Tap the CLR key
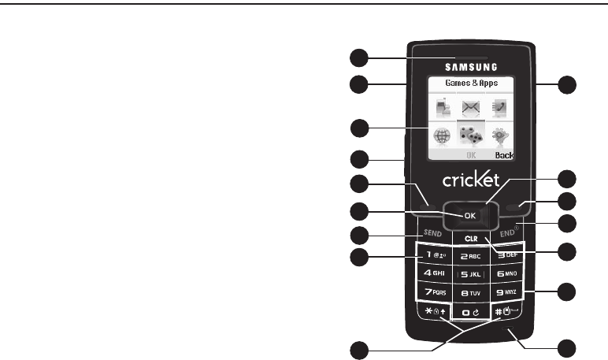[470, 237]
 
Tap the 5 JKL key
[470, 274]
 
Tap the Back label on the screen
[504, 155]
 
